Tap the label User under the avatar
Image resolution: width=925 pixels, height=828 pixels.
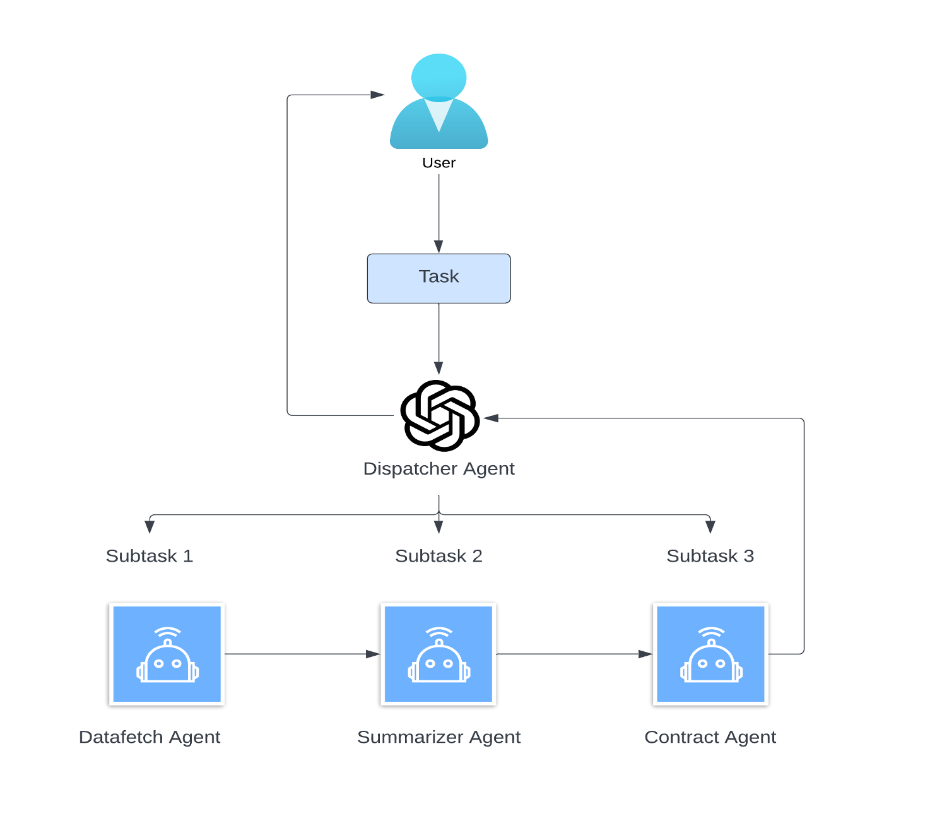click(439, 163)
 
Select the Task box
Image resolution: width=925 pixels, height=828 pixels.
click(439, 278)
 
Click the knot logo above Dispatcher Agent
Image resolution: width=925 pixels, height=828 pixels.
click(440, 415)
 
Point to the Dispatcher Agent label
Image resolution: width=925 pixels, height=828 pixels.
click(439, 469)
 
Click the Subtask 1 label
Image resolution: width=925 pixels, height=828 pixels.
click(149, 556)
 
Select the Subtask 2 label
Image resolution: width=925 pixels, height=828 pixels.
click(439, 556)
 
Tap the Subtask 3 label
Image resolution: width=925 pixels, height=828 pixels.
click(710, 556)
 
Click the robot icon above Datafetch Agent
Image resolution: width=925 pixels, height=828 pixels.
click(167, 654)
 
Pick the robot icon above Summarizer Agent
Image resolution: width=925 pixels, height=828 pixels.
click(439, 654)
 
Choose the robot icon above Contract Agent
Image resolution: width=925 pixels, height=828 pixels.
click(710, 654)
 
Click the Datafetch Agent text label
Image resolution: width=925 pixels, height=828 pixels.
click(150, 737)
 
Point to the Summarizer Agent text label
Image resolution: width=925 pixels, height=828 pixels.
click(439, 737)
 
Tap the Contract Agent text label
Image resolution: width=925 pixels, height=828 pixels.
click(710, 737)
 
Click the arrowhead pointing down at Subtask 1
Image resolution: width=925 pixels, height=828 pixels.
click(150, 526)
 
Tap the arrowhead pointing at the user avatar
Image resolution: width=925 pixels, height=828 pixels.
click(377, 95)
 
